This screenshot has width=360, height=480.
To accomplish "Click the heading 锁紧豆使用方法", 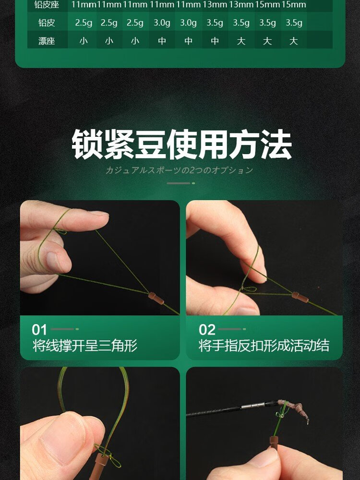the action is pos(181,144).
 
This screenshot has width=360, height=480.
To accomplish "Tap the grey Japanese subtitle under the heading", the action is pos(179,170).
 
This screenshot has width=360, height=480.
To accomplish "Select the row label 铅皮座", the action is pos(47,5).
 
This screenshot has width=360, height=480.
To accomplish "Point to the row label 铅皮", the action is pos(47,23).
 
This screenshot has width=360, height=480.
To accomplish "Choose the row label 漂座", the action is pos(47,41).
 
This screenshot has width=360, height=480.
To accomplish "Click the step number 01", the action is pos(39,330).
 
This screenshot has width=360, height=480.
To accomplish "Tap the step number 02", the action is pos(207,330).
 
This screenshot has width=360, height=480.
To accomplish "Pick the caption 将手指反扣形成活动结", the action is pos(264,346).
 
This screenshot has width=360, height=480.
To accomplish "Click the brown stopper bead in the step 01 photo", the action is pos(156,298).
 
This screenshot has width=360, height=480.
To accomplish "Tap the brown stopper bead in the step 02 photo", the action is pos(300,297).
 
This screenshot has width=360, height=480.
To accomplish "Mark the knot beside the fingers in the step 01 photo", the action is pos(60,230).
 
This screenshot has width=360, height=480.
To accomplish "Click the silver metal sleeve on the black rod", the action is pos(252,406).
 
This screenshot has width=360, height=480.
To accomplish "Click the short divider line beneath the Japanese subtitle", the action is pos(180,183).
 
